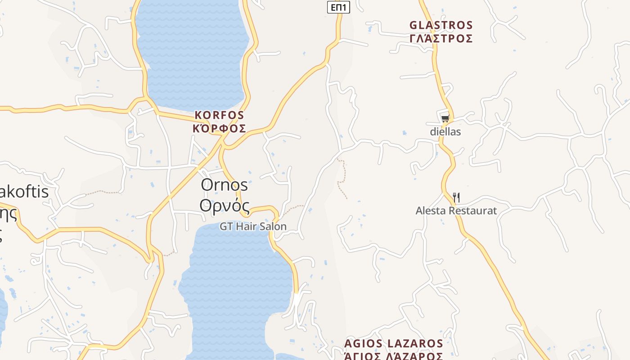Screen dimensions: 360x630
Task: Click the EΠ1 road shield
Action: [338, 7]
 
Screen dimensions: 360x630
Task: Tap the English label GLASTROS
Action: [441, 25]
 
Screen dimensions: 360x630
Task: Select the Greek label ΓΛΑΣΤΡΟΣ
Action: [441, 39]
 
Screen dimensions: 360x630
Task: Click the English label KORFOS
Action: [220, 115]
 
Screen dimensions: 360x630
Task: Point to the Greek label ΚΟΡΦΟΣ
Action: [220, 129]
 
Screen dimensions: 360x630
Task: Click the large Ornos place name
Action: [224, 184]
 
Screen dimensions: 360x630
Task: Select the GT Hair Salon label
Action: [253, 226]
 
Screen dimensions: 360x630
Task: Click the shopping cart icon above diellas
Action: [445, 118]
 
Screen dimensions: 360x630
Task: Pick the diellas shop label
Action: [445, 132]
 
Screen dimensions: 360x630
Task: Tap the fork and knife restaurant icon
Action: [456, 197]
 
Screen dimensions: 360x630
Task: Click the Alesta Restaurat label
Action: [456, 211]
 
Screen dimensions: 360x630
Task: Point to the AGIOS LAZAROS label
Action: [394, 344]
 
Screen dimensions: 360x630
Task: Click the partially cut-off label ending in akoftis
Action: [24, 192]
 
